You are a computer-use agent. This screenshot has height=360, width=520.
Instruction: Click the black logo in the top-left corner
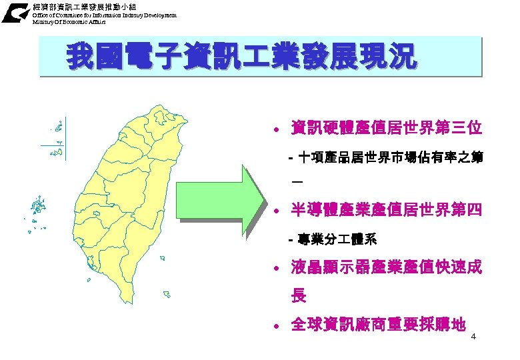click(x=15, y=13)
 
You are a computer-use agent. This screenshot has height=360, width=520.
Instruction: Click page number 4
click(x=473, y=336)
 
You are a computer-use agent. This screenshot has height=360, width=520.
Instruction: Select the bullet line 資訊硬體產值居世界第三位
click(x=386, y=127)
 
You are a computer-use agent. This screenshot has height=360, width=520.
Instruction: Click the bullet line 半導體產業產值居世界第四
click(x=386, y=211)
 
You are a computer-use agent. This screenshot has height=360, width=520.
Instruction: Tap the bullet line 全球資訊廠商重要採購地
click(x=377, y=325)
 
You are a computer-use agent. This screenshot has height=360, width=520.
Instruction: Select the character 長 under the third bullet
click(x=299, y=295)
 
